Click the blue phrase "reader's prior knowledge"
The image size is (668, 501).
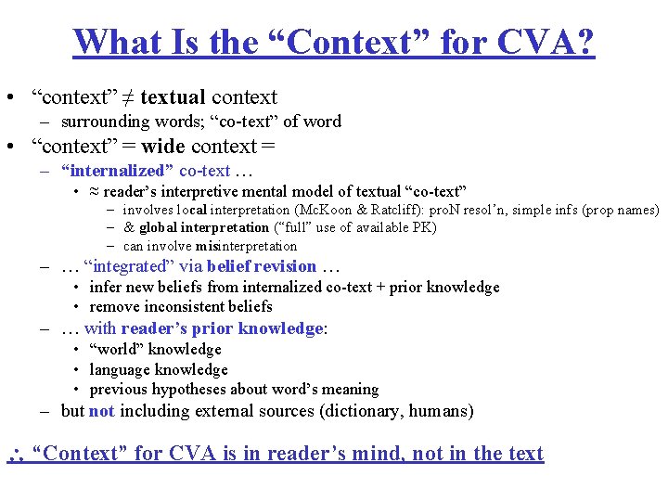pyautogui.click(x=221, y=328)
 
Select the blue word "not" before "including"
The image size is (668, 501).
pyautogui.click(x=102, y=411)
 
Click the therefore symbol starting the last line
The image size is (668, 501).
pyautogui.click(x=13, y=454)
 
